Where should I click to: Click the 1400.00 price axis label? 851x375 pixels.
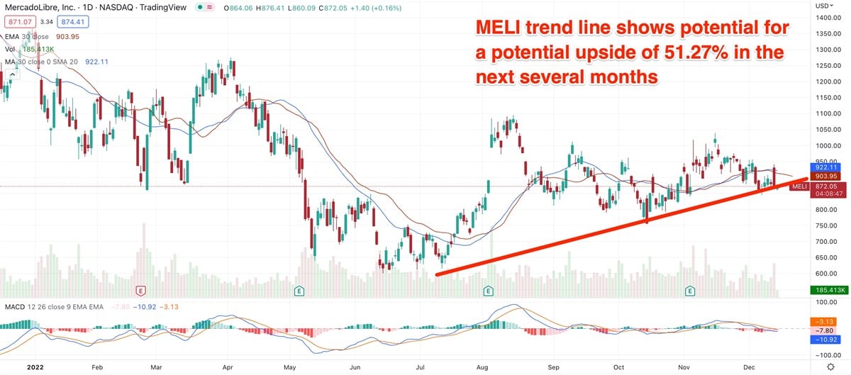tap(823, 17)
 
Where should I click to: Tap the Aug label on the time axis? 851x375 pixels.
tap(483, 368)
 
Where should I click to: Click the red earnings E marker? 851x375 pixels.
tap(140, 291)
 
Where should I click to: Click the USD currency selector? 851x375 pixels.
tap(823, 6)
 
